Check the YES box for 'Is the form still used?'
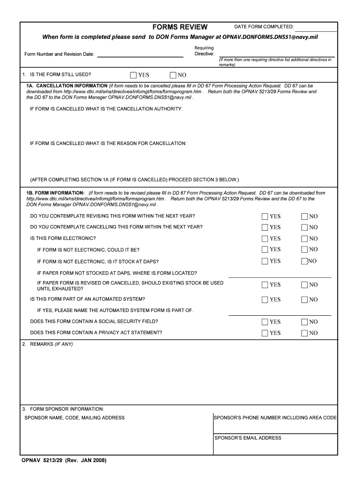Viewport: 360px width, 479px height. pos(134,75)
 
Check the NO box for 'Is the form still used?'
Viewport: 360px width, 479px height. pos(173,75)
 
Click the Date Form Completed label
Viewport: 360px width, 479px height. pos(264,27)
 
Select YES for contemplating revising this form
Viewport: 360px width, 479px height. pos(265,216)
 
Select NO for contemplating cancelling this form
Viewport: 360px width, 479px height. pos(304,227)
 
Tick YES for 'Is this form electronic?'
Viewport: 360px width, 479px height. pos(265,239)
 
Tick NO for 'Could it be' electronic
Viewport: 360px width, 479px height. pos(304,250)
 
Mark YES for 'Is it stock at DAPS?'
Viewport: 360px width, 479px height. pos(265,261)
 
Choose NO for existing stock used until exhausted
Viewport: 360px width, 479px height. pos(304,284)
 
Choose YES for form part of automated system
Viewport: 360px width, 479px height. pos(265,299)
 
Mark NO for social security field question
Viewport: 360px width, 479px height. pos(304,322)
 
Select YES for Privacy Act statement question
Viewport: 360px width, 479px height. pos(265,333)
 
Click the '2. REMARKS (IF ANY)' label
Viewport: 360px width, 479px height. pos(47,344)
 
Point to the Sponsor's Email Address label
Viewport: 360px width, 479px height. pos(248,438)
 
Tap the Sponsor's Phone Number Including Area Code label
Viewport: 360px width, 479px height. pos(275,418)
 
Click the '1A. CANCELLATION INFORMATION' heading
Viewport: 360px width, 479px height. pos(67,86)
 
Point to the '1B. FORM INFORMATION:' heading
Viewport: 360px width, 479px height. pos(55,193)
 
